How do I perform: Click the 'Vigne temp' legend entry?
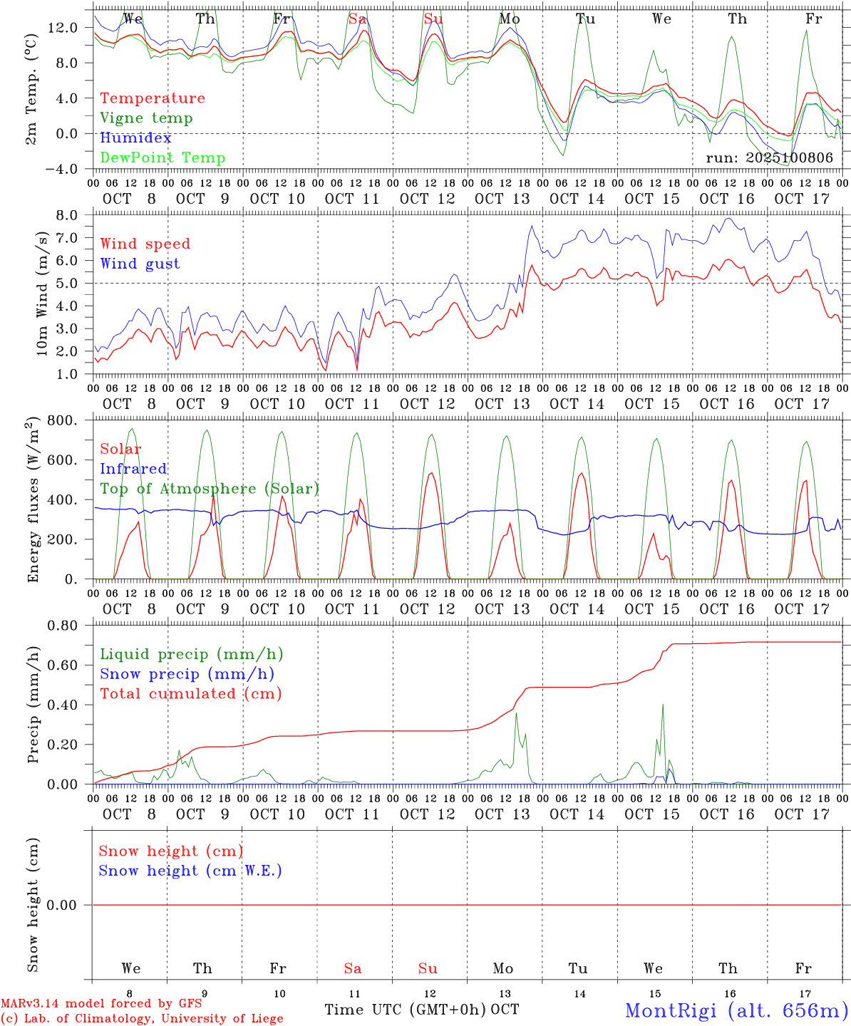pos(146,118)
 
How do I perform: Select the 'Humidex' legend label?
pos(135,138)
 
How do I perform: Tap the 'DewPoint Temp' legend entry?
pos(163,158)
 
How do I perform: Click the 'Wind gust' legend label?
pos(140,264)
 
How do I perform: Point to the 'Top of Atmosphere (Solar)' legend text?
pos(210,489)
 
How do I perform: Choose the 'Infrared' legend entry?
pos(133,469)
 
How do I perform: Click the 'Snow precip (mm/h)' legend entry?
pos(187,674)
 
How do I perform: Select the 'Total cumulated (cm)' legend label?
pos(190,694)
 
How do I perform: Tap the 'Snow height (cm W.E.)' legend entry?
pos(190,871)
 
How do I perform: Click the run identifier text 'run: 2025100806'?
pos(769,158)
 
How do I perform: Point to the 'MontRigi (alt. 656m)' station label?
pos(736,1010)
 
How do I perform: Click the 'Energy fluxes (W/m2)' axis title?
pos(32,501)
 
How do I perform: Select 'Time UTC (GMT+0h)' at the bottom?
pos(405,1010)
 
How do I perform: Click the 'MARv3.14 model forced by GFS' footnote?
pos(101,1004)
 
